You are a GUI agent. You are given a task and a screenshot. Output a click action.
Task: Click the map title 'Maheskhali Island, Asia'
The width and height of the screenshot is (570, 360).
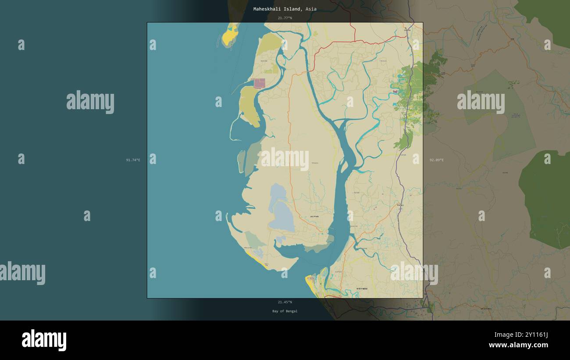(x=285, y=9)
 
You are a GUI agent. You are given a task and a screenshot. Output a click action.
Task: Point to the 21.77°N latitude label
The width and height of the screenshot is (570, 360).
(x=285, y=18)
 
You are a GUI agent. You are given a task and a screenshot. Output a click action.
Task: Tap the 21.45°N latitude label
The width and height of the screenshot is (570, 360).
(x=285, y=302)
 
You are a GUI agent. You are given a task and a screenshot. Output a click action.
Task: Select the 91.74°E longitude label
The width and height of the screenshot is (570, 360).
(x=133, y=160)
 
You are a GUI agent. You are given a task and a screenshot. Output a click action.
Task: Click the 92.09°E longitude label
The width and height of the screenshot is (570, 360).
(x=436, y=160)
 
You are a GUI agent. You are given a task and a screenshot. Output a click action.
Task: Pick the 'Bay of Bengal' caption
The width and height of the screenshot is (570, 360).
(x=285, y=311)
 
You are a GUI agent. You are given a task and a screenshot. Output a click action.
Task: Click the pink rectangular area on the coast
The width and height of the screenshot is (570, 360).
(x=259, y=83)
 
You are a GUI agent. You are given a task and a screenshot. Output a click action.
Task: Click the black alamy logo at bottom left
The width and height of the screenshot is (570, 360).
(x=44, y=340)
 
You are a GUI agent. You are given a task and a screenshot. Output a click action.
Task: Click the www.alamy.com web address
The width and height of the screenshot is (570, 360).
(x=518, y=345)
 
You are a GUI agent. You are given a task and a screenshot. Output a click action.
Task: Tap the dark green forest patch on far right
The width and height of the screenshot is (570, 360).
(x=546, y=197)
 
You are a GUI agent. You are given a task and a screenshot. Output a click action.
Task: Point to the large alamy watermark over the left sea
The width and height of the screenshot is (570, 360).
(x=90, y=102)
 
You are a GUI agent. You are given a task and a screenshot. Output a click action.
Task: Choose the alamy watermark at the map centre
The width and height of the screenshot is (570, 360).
(x=285, y=159)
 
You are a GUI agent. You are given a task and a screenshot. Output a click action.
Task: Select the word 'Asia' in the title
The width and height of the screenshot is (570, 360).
(x=311, y=9)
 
